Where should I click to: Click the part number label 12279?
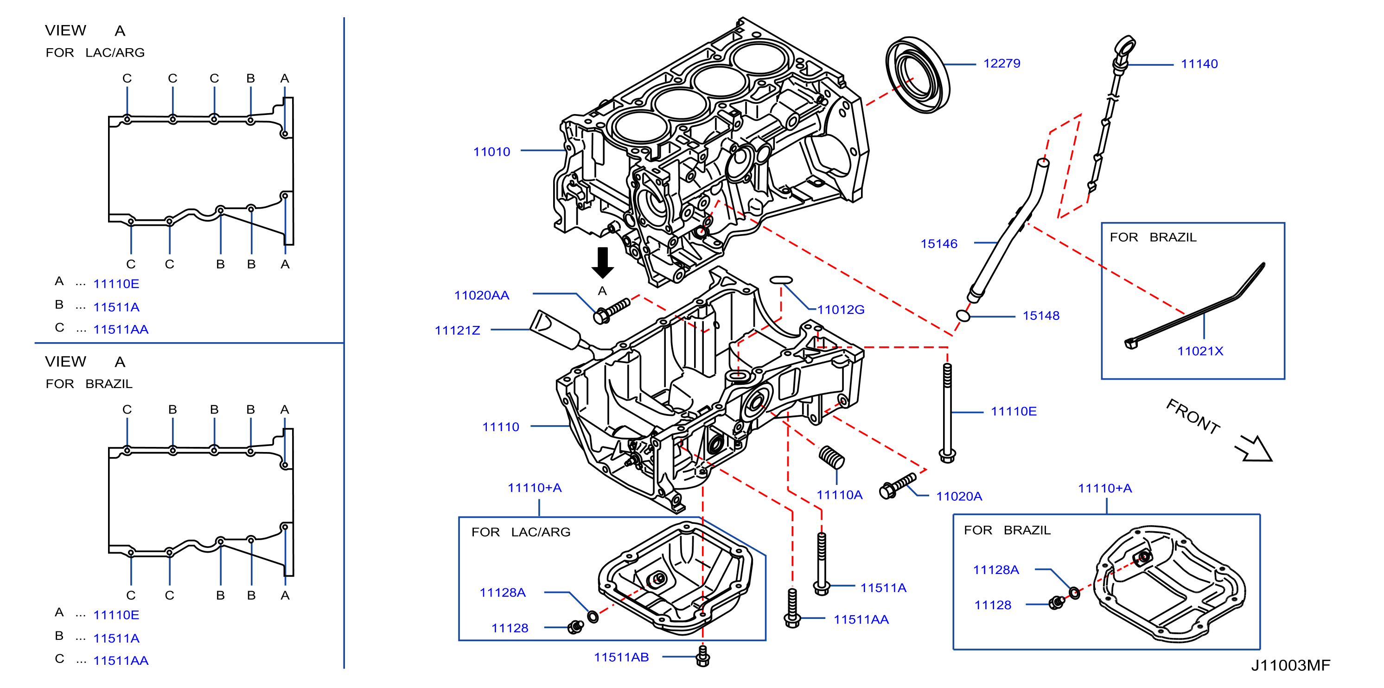coord(1001,64)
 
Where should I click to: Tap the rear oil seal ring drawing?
coord(917,75)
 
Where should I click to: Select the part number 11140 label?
coord(1199,64)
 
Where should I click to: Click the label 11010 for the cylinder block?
coord(491,152)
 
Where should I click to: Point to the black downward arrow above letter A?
coord(603,262)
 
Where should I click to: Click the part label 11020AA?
coord(482,295)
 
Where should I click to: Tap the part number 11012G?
coord(841,310)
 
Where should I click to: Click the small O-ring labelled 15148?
coord(963,316)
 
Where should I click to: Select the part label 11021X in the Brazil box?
coord(1200,351)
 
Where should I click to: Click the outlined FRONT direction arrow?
coord(1255,448)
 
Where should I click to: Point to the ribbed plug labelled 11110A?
coord(832,457)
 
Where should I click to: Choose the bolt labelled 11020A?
coord(898,485)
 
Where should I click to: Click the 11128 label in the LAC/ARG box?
coord(510,628)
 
